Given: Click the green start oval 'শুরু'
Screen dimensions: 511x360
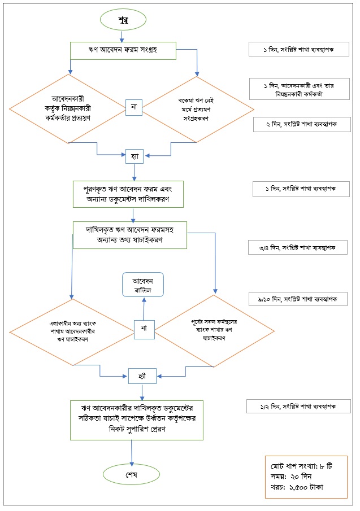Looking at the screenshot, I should [122, 20].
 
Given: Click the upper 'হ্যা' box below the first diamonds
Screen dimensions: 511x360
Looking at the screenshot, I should [133, 154].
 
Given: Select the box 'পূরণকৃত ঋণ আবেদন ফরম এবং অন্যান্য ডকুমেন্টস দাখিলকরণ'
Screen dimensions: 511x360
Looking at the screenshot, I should [133, 194].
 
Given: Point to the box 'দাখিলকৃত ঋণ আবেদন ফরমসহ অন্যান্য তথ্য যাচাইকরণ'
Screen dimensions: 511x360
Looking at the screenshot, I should [130, 234].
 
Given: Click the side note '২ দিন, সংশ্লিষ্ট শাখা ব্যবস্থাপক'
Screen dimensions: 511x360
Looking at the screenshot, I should [300, 123].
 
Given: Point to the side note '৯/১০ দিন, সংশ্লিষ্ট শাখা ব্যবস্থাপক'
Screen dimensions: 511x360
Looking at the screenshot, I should [298, 299].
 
